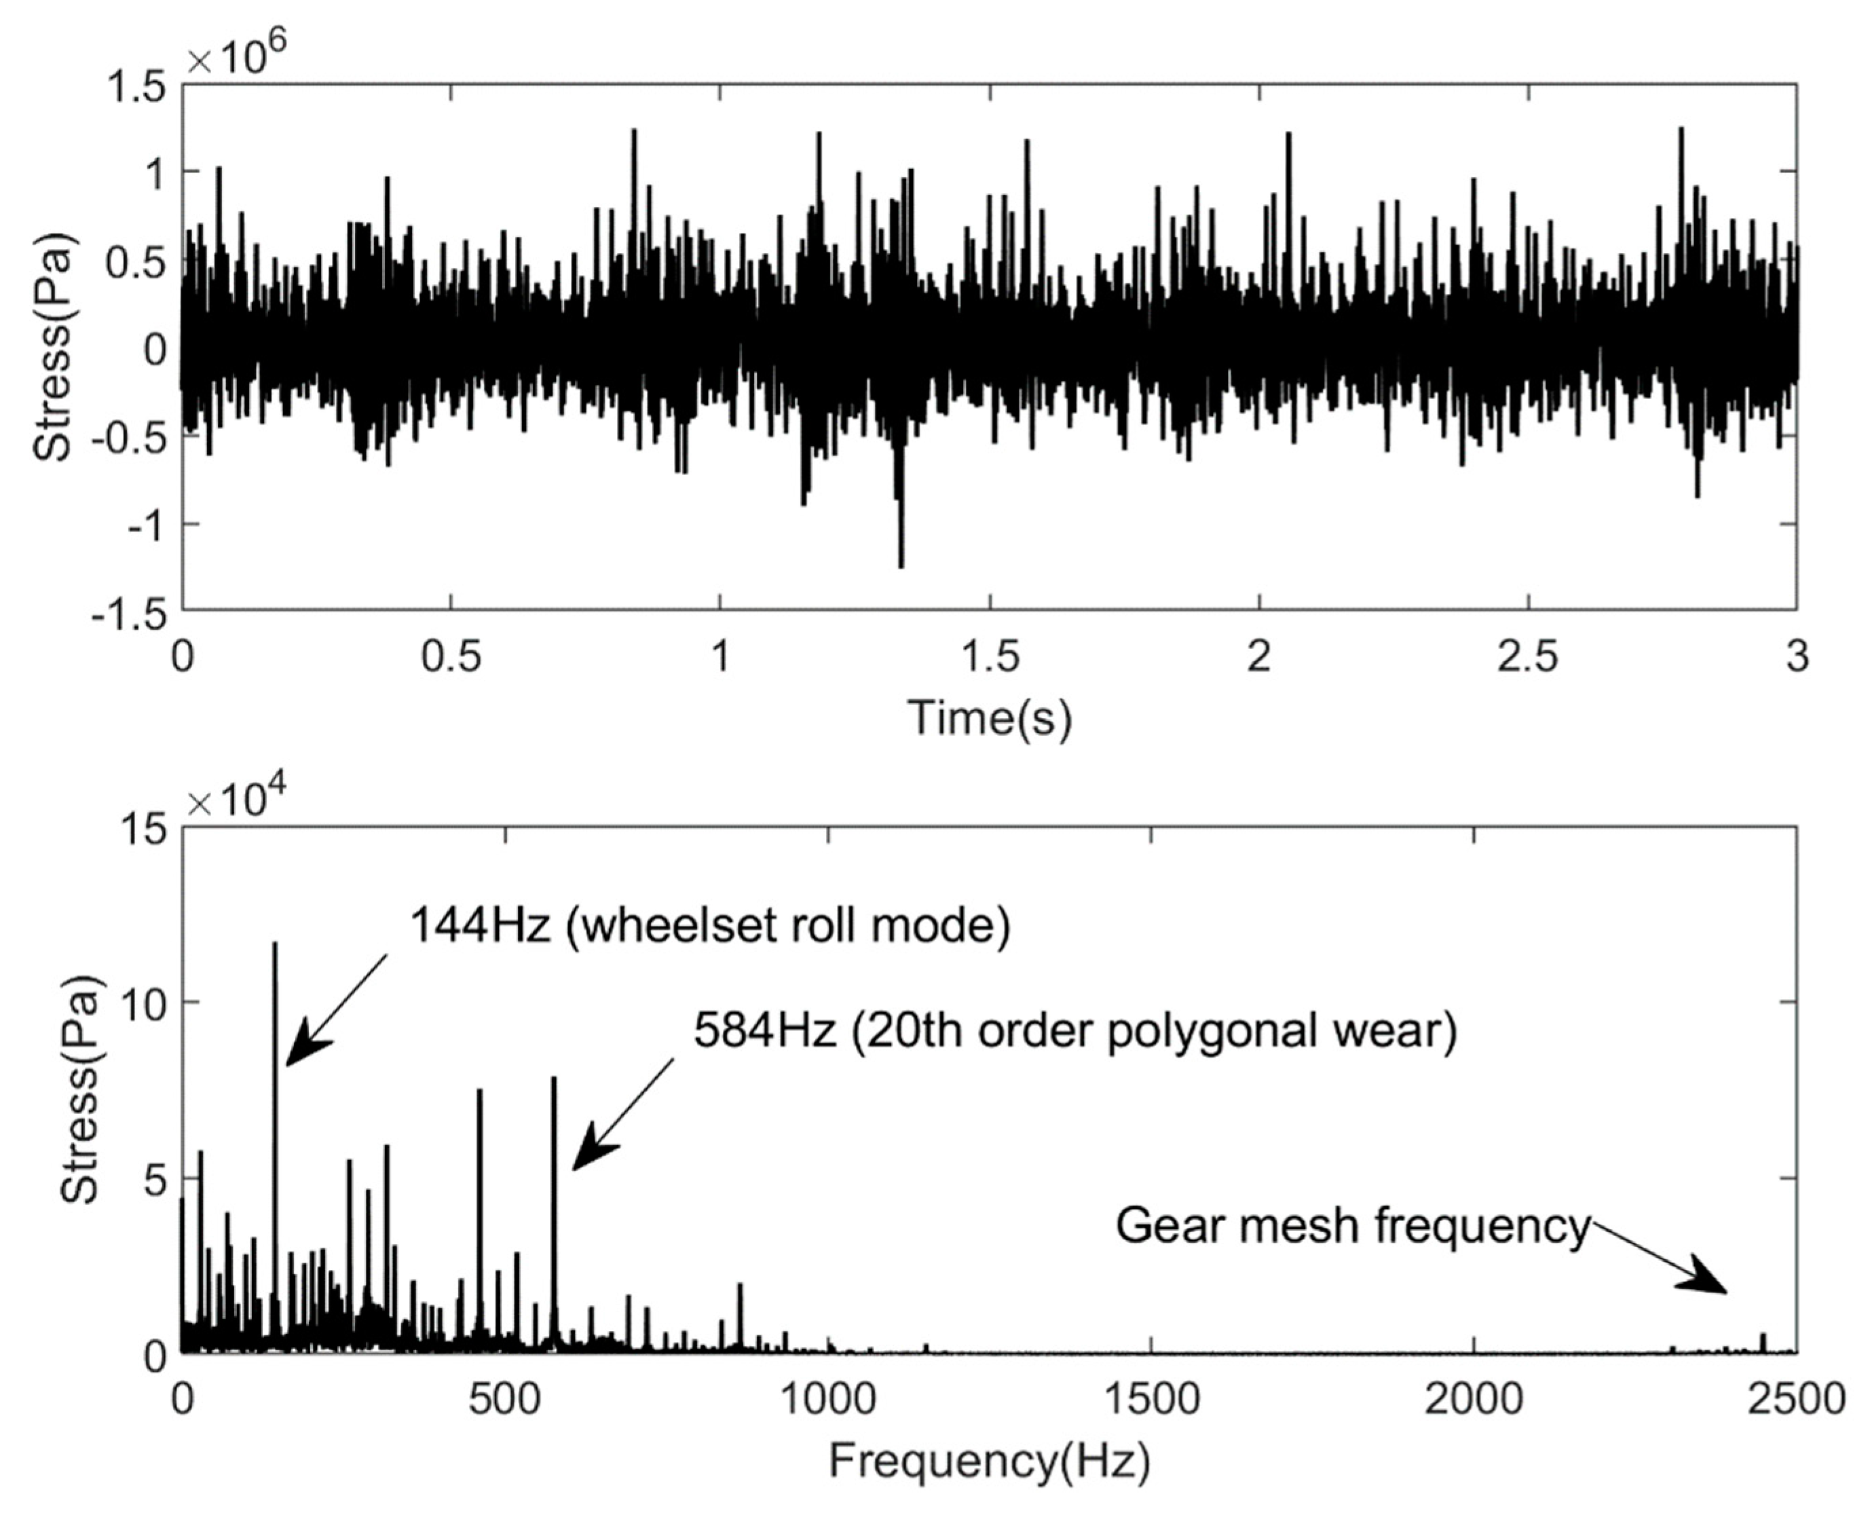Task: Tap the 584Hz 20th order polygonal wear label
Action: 1074,1031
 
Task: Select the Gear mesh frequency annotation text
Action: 1353,1225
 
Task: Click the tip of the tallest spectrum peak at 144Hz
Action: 276,944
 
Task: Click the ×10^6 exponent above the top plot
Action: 237,54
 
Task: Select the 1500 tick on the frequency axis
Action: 1151,1399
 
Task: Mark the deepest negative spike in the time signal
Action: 901,565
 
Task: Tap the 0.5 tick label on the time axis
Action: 451,656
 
